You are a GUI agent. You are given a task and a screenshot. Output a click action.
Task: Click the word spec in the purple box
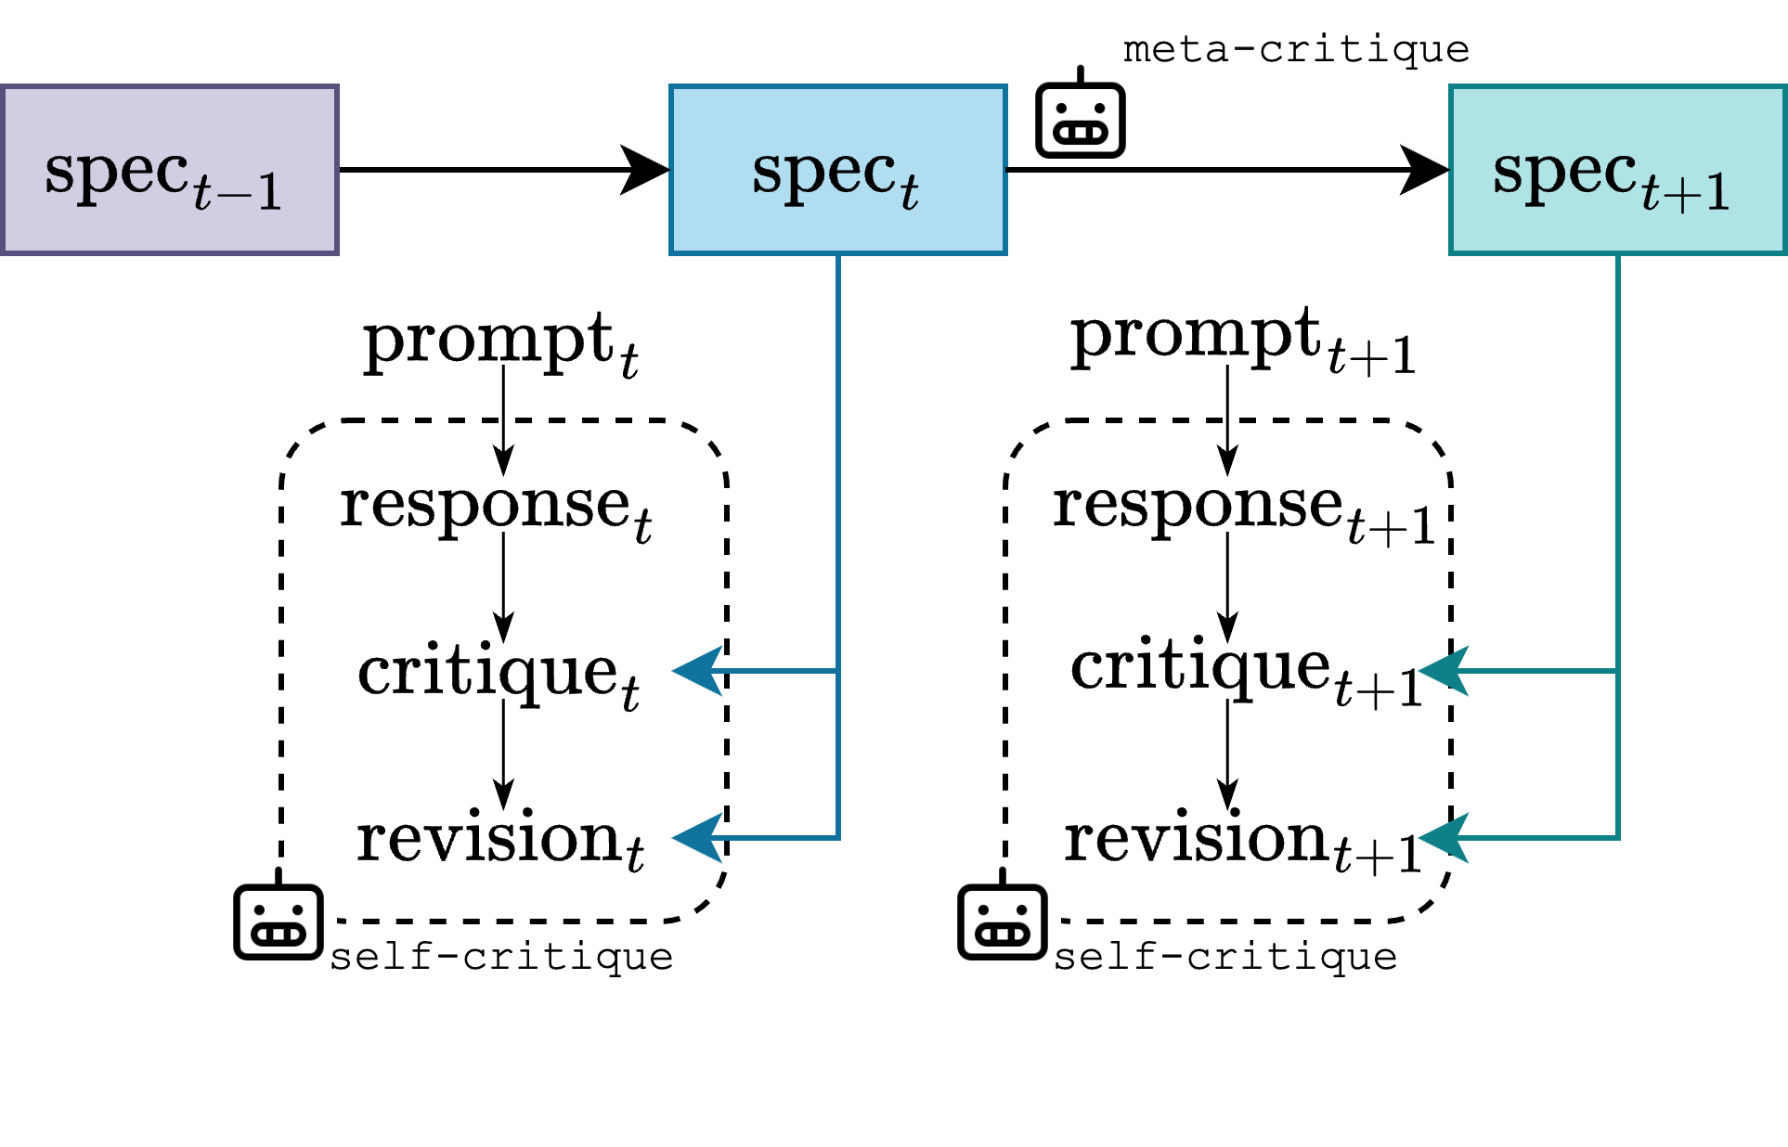coord(117,173)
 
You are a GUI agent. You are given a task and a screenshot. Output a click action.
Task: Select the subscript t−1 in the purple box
coord(238,192)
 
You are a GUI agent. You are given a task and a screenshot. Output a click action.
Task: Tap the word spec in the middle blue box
coord(823,173)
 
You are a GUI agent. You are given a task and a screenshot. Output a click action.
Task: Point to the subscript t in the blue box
coord(909,192)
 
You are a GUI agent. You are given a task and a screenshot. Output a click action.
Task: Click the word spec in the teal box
coord(1564,173)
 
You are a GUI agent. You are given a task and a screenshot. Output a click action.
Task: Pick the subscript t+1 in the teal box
coord(1685,192)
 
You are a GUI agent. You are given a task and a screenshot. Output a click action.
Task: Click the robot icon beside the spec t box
coord(1082,118)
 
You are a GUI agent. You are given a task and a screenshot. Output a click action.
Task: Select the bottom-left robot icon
coord(279,920)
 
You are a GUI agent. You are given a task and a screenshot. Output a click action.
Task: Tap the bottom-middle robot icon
coord(1004,920)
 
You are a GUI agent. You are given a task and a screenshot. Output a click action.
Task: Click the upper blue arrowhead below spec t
coord(698,670)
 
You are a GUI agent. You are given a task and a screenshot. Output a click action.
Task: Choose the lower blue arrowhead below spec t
coord(698,837)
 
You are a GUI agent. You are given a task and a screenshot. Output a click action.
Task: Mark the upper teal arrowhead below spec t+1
coord(1445,670)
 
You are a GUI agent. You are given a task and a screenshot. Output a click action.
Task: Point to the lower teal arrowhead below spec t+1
coord(1445,837)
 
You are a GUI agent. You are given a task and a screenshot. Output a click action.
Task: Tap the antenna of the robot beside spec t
coord(1081,74)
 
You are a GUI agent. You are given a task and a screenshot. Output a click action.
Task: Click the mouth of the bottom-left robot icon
coord(279,934)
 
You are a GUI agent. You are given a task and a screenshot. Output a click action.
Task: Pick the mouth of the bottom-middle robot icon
coord(1003,934)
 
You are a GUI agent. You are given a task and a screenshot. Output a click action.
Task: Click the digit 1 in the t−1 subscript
coord(269,192)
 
